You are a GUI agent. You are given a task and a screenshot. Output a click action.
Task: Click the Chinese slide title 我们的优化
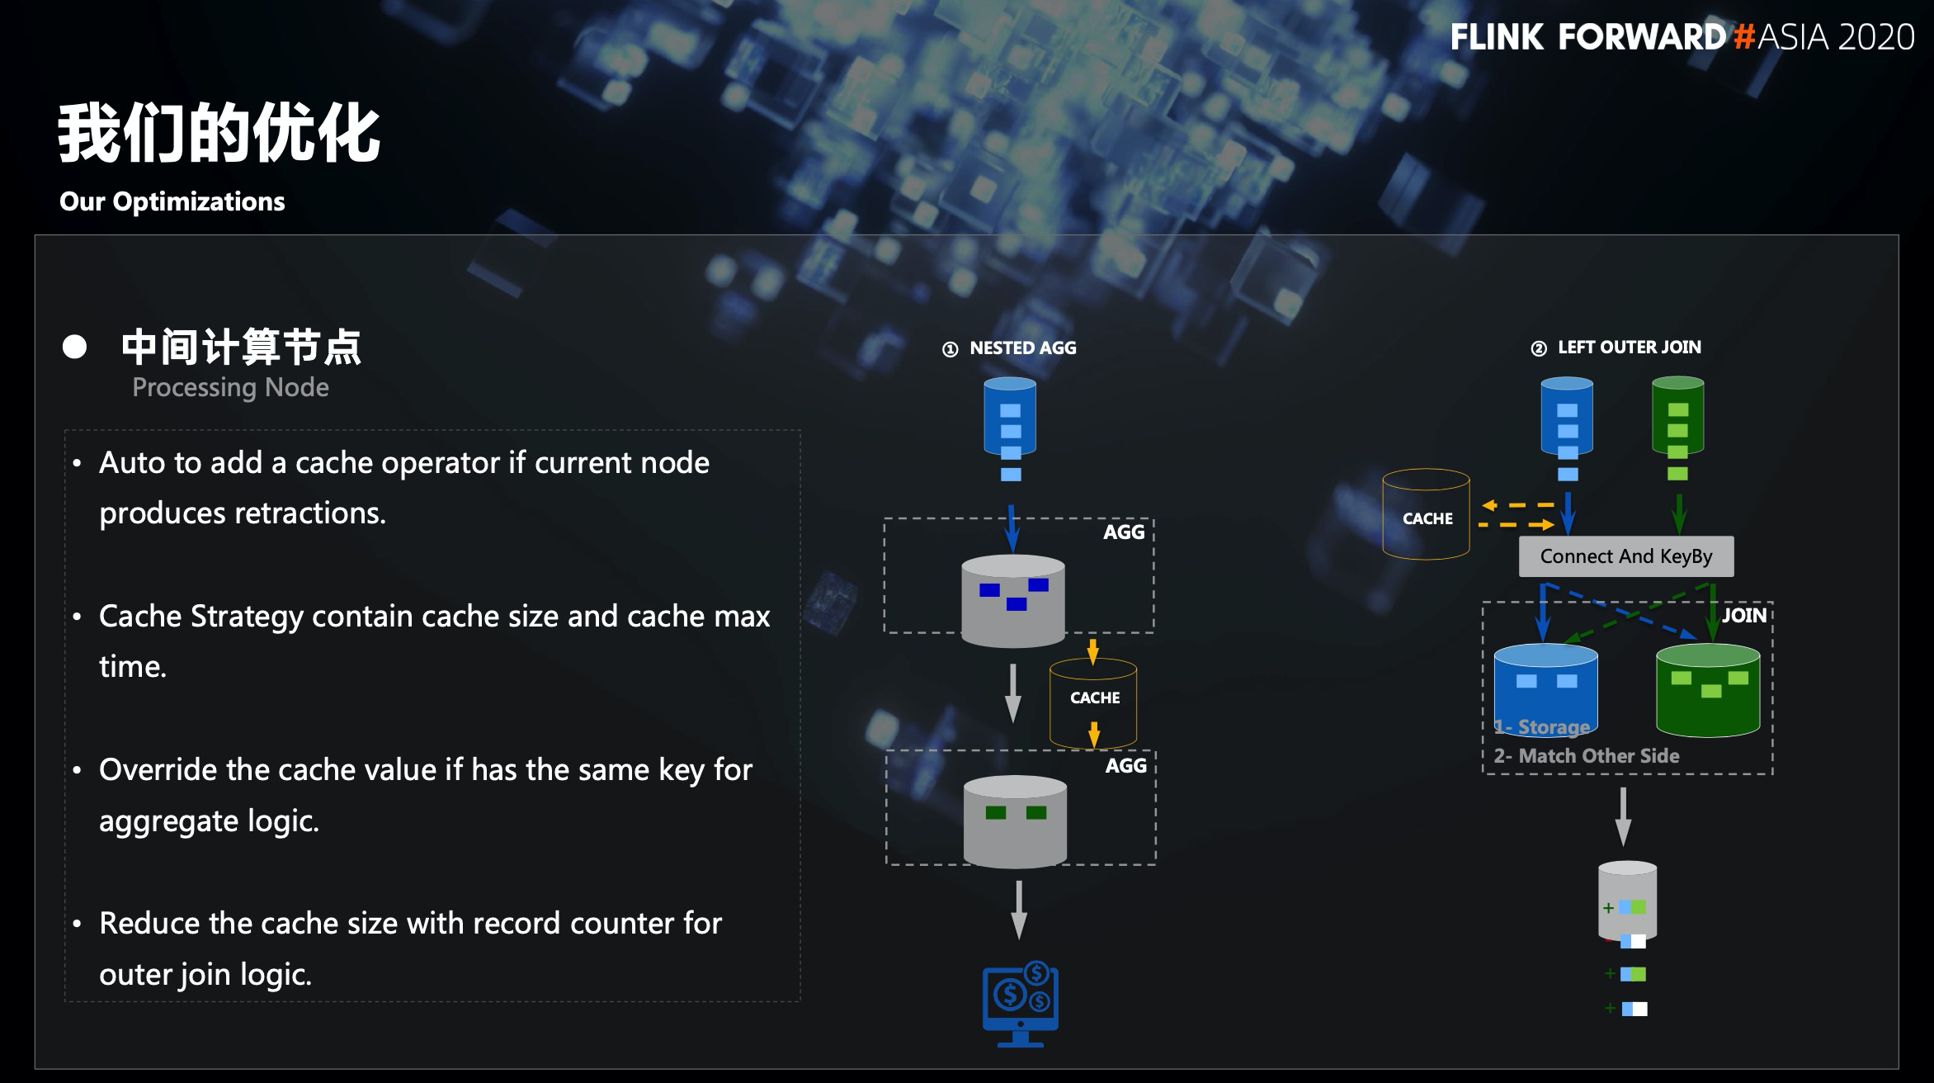pos(219,133)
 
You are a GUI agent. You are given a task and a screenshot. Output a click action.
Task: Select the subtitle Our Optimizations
pos(172,201)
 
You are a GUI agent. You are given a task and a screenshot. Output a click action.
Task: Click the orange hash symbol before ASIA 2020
pos(1743,37)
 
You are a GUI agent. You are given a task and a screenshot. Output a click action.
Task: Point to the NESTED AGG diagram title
pos(1022,348)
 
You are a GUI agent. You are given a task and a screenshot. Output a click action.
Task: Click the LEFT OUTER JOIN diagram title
pos(1629,348)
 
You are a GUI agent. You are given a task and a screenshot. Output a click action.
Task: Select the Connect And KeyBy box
pos(1625,556)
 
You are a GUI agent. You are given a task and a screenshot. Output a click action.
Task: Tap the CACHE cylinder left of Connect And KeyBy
pos(1426,516)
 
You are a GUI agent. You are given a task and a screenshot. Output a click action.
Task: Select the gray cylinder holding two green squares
pos(1015,821)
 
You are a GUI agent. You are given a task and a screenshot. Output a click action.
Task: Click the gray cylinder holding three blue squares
pos(1013,600)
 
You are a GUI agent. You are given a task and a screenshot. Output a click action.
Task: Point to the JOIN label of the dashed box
pos(1743,615)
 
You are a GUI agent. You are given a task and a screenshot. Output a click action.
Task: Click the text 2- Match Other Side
pos(1586,755)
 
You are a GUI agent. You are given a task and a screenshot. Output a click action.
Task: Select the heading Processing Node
pos(230,387)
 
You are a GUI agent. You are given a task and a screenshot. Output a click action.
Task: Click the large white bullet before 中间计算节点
pos(74,347)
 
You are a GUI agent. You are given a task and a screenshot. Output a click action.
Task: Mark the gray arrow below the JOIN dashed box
pos(1623,816)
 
